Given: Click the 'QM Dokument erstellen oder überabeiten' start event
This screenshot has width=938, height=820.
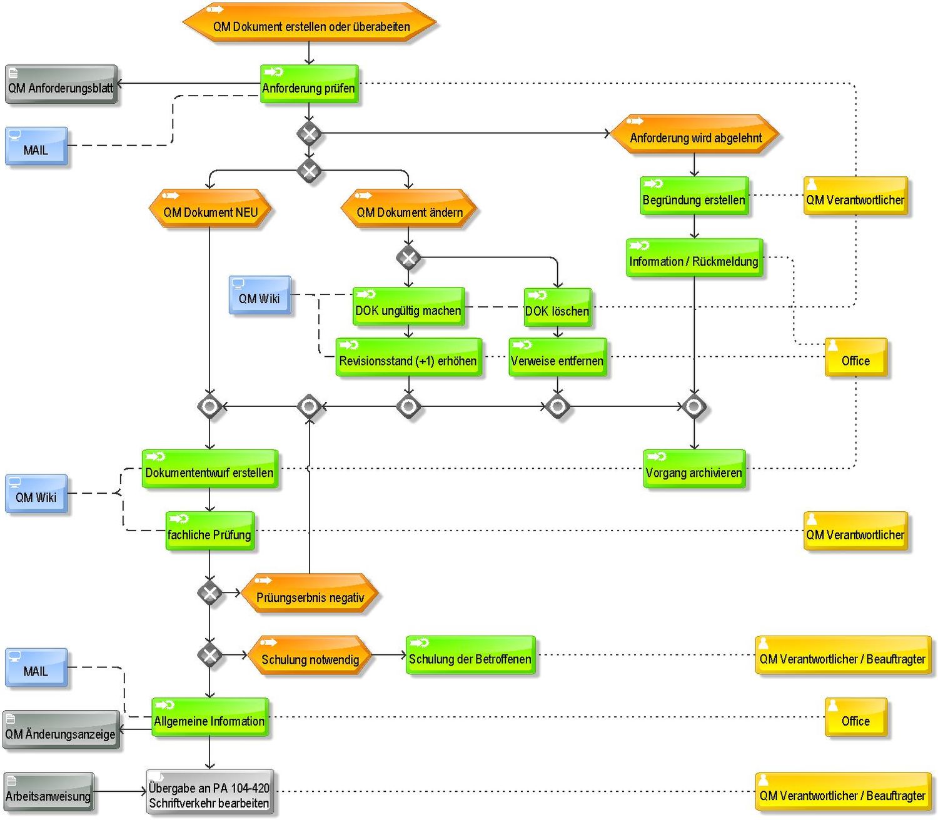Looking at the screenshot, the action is click(309, 22).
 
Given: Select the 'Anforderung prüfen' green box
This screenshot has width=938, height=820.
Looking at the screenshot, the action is click(309, 84).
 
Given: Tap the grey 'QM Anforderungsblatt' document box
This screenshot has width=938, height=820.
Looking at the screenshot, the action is click(61, 84).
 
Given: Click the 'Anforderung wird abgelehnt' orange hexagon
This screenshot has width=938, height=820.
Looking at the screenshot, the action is click(695, 134).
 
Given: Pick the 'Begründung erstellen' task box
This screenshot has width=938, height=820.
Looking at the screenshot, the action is click(694, 196).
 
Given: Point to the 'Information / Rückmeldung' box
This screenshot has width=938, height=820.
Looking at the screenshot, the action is click(694, 257).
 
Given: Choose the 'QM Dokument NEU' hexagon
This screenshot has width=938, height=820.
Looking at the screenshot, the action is click(210, 208).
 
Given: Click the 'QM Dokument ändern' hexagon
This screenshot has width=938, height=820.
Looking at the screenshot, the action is click(408, 208).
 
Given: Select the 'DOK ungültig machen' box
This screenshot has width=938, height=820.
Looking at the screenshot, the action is click(408, 306).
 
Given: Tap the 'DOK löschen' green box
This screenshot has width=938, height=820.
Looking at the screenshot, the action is click(557, 307).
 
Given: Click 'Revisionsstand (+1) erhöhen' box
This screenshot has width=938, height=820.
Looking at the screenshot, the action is click(408, 357).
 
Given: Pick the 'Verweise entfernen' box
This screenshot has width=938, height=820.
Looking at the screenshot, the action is click(557, 357).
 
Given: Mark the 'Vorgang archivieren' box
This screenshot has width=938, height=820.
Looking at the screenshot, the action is click(694, 469).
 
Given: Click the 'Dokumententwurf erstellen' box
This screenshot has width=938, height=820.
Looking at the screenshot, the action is click(210, 469).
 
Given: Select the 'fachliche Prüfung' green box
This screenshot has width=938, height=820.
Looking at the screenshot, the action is click(210, 531).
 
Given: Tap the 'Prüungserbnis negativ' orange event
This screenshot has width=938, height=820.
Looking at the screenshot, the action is click(310, 593).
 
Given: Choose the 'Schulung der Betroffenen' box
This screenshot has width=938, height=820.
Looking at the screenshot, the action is click(470, 654).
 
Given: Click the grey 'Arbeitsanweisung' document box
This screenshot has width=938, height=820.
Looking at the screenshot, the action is click(49, 792).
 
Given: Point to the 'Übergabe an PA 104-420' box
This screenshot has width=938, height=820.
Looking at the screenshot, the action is click(210, 792).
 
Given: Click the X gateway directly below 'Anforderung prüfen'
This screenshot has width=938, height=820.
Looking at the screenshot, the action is click(309, 134).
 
